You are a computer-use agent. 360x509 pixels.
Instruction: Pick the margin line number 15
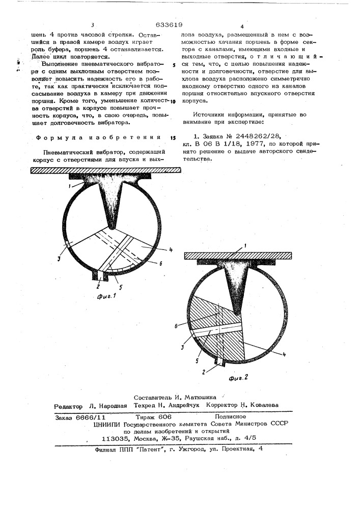click(x=173, y=138)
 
